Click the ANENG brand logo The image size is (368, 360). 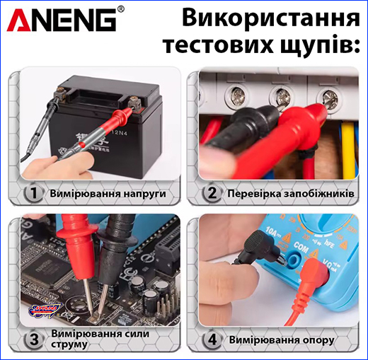coord(62,20)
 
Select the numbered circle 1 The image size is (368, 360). coord(32,193)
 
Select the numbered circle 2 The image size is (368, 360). coord(210,193)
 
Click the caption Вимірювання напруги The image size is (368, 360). coord(108,193)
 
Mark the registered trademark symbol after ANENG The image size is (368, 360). coord(120,9)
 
